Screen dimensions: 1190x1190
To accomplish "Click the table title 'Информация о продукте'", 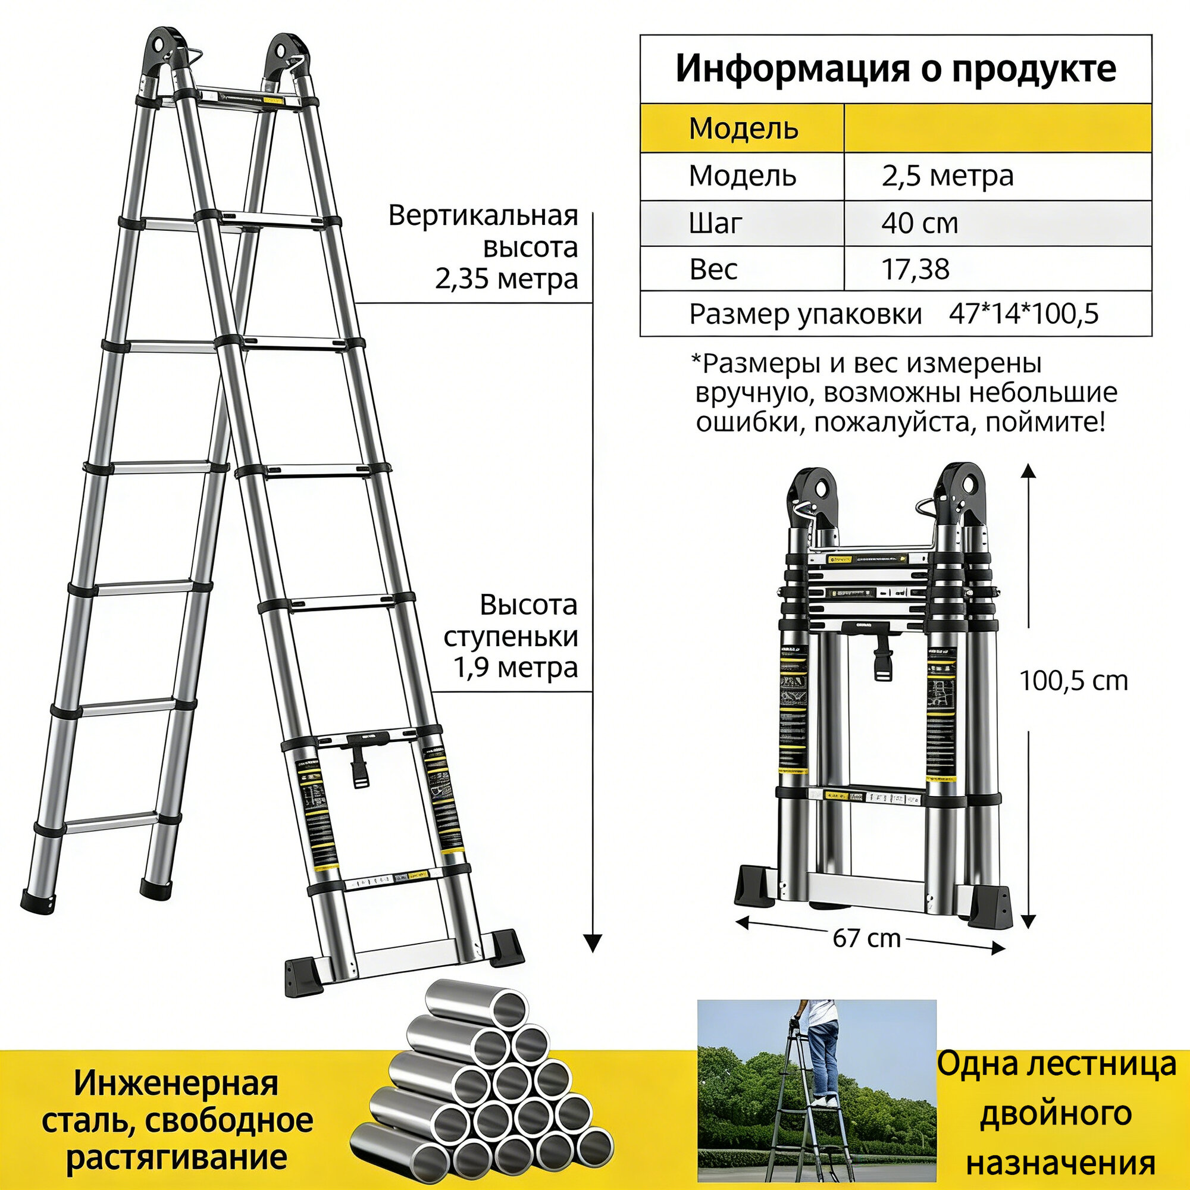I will point(895,69).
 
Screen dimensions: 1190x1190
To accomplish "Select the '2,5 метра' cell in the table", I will point(947,176).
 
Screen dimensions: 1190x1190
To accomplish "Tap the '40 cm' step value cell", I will point(919,223).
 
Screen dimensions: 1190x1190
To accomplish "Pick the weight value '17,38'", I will point(915,269).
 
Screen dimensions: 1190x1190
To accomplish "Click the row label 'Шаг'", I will point(715,223).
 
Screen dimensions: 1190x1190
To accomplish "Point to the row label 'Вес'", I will point(713,269).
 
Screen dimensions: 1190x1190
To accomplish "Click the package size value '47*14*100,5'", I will point(1023,314).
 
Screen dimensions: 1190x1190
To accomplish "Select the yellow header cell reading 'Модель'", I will point(743,128).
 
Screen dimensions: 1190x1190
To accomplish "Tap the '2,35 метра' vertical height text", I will point(506,279).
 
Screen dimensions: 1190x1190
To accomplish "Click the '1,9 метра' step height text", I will point(516,668).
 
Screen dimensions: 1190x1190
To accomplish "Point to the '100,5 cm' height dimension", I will point(1073,681).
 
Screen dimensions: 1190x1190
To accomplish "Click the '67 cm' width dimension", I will point(867,938).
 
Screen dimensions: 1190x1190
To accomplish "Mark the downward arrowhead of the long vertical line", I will point(593,943).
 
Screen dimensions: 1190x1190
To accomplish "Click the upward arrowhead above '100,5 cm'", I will point(1028,472).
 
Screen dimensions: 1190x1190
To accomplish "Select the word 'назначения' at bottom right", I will point(1060,1163).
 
